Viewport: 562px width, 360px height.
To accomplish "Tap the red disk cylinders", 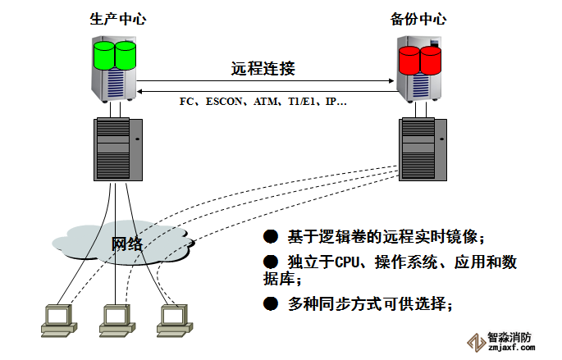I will tap(420, 58).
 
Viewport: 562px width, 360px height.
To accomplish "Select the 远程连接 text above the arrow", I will tap(263, 68).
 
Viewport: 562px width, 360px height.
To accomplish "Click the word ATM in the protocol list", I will tap(266, 102).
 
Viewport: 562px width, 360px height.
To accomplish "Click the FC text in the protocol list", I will tap(186, 102).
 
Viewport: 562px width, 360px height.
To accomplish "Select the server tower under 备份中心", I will tap(423, 148).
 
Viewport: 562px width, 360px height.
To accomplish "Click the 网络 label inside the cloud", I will tap(127, 244).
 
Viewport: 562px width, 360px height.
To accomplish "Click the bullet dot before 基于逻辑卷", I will tap(270, 237).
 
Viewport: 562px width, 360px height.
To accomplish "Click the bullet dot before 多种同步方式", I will tap(270, 303).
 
